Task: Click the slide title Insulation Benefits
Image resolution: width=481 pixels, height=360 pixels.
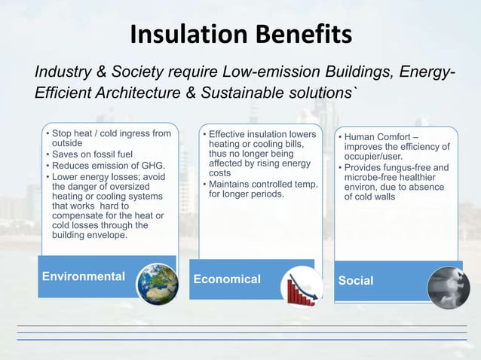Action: (240, 35)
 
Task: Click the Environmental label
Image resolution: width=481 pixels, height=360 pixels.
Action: (83, 276)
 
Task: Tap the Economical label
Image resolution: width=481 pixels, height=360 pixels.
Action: (227, 279)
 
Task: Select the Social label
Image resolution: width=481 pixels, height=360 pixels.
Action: (356, 280)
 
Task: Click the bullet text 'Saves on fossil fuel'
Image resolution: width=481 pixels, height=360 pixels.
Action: (92, 155)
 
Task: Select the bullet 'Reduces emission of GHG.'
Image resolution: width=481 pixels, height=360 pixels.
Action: (108, 166)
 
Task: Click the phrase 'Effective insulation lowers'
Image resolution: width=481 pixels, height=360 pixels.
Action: (262, 134)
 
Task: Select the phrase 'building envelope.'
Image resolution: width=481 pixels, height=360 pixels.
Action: (90, 234)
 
